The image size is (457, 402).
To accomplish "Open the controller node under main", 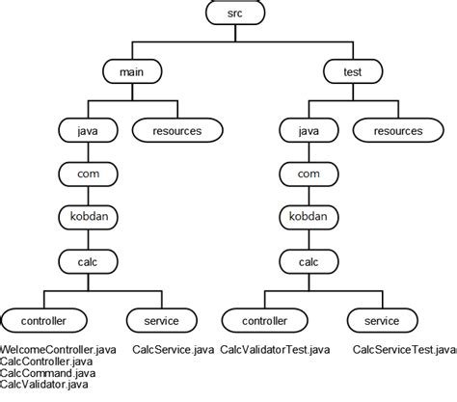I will pyautogui.click(x=44, y=319).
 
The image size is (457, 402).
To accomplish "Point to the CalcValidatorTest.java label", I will pyautogui.click(x=276, y=350).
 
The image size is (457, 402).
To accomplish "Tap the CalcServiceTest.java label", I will pyautogui.click(x=404, y=350).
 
